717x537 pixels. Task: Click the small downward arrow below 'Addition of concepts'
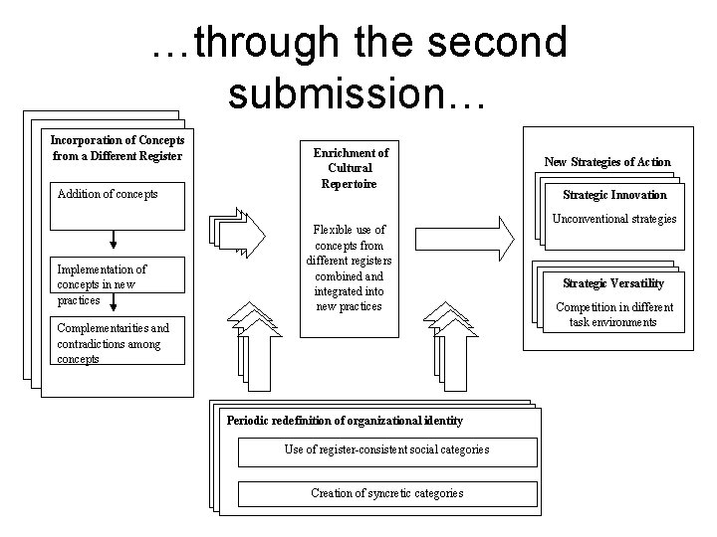pos(114,239)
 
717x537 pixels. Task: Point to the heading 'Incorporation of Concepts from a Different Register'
pos(118,147)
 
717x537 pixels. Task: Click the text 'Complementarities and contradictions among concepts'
pos(113,343)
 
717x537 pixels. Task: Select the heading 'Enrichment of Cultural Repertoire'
pos(351,168)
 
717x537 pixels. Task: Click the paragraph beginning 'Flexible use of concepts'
pos(350,267)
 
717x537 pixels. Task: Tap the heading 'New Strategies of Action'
pos(606,161)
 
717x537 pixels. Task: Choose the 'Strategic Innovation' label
pos(614,195)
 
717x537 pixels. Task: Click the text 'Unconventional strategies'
pos(613,219)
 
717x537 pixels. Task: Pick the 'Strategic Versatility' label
pos(613,283)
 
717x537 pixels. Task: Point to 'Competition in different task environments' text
pos(613,314)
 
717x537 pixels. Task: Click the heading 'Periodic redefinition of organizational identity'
pos(345,421)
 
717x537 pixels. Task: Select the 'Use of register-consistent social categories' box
pos(386,450)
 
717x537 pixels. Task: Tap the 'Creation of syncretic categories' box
pos(386,493)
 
